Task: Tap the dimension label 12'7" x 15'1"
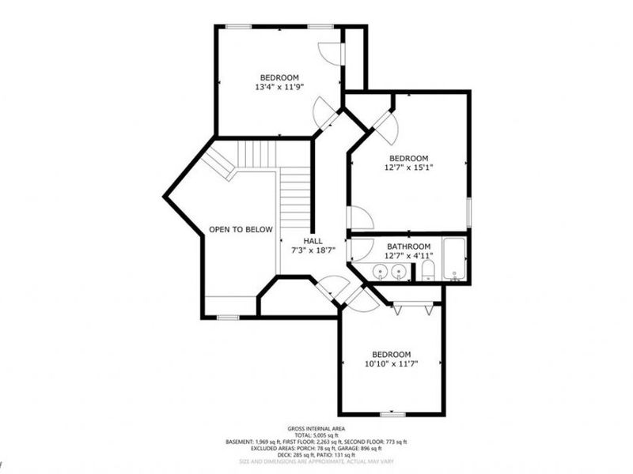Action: click(x=408, y=167)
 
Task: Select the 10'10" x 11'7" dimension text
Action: click(x=392, y=363)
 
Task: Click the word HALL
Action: click(x=313, y=240)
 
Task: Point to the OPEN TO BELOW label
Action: click(x=241, y=230)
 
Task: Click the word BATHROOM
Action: click(x=408, y=246)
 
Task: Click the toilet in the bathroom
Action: click(x=427, y=272)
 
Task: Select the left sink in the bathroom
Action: click(x=381, y=272)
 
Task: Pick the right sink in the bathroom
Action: click(x=399, y=272)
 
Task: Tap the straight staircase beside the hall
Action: click(x=294, y=197)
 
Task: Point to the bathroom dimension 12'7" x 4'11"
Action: click(x=408, y=256)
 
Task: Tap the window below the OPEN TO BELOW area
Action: click(x=228, y=318)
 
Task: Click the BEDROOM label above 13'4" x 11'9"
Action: click(x=279, y=77)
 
